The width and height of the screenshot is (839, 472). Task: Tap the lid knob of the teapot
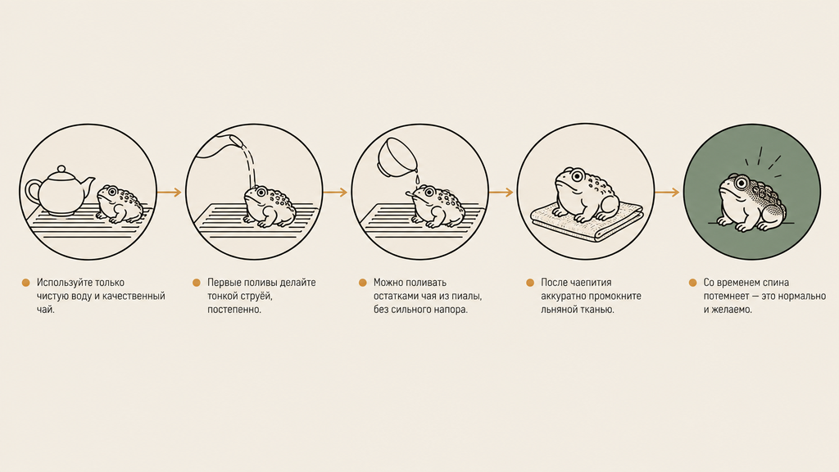point(61,169)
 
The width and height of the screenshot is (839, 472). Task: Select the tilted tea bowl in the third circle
point(395,156)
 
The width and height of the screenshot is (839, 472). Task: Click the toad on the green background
point(752,202)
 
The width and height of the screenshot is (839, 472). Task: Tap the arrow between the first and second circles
point(170,192)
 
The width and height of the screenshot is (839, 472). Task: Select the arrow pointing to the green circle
point(667,192)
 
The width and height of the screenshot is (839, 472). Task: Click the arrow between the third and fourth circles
point(501,192)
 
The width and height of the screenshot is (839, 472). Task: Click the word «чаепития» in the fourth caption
point(590,283)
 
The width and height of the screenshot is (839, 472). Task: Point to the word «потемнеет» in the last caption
point(726,296)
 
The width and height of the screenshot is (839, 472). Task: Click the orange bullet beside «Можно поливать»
point(363,283)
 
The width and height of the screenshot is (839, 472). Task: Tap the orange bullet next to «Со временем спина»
point(692,283)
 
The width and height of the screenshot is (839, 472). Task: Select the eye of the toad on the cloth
point(578,175)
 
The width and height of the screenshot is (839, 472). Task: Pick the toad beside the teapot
point(121,204)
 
